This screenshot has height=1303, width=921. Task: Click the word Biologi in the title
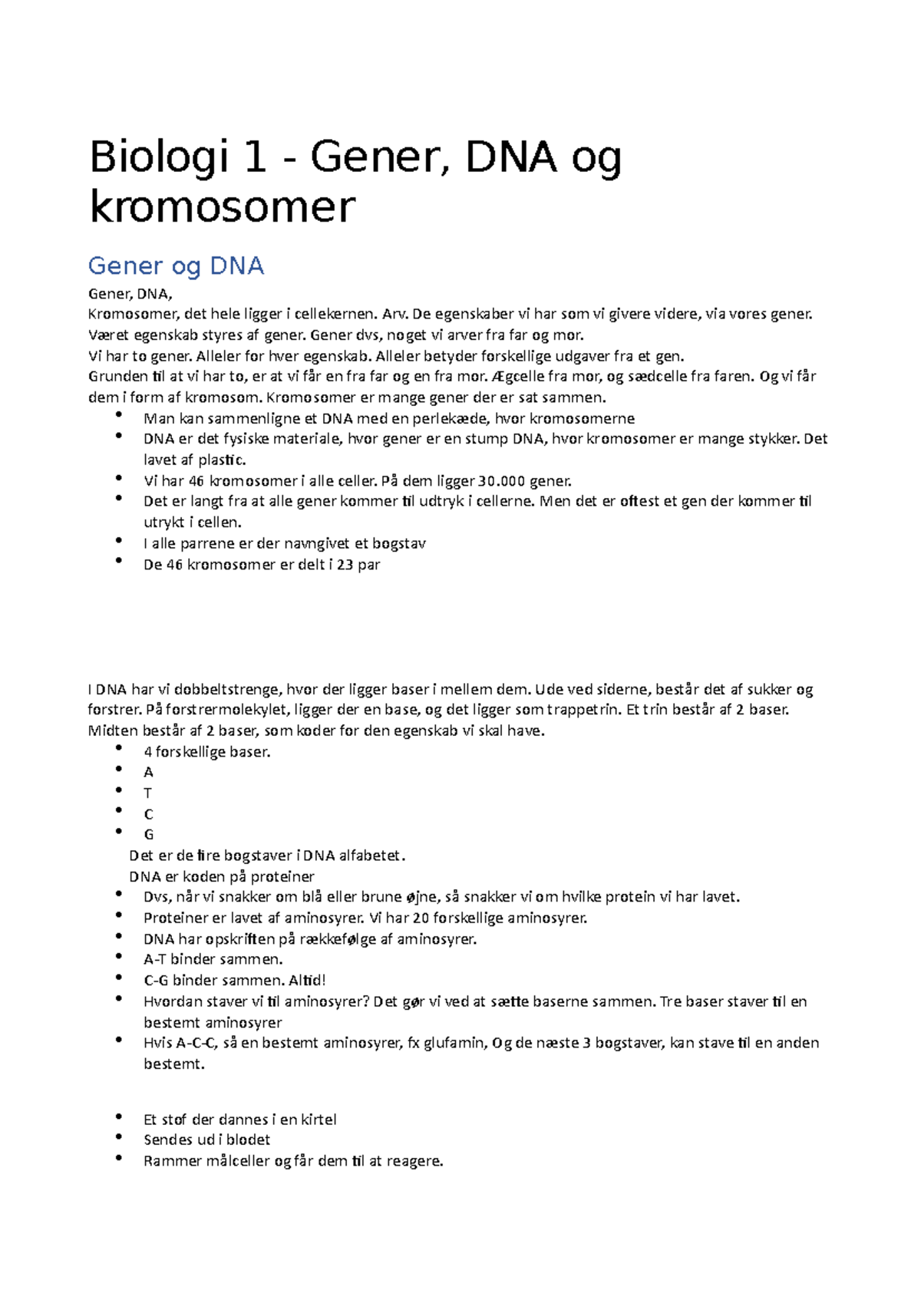159,158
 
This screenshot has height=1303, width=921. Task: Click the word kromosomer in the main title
223,207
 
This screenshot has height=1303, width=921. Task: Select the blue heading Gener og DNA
176,266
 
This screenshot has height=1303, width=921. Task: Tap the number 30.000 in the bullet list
501,482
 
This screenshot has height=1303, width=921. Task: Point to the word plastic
222,460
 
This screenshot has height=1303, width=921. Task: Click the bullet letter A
149,773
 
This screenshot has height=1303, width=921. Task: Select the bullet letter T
148,793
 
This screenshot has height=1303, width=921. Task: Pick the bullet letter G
149,835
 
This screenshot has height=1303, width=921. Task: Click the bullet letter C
149,814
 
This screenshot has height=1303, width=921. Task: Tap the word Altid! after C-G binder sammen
307,981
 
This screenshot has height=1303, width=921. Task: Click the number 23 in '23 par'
345,565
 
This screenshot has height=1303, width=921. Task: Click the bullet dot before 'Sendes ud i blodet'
119,1138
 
